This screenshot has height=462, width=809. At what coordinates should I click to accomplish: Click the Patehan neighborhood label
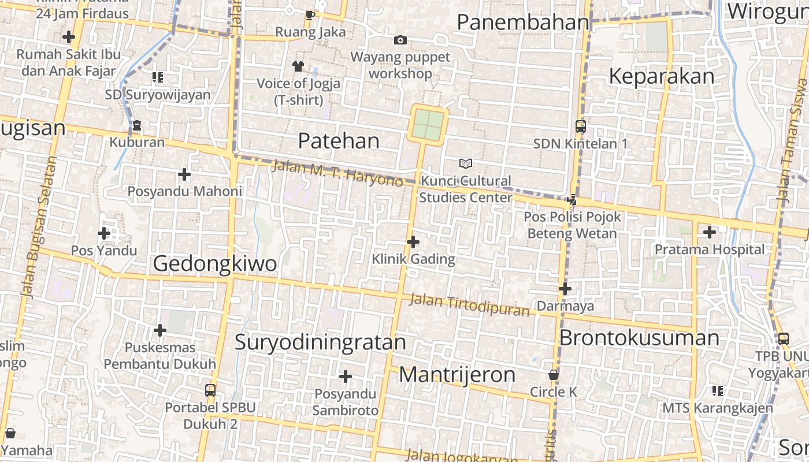[339, 140]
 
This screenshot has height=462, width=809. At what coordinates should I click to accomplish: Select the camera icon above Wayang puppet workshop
[400, 40]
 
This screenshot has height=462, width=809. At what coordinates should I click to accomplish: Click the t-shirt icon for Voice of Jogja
[298, 66]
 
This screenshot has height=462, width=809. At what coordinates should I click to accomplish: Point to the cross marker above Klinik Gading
[413, 241]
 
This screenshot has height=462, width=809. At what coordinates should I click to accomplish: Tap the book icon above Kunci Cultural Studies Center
[465, 163]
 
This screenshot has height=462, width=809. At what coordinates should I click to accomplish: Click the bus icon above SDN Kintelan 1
[580, 126]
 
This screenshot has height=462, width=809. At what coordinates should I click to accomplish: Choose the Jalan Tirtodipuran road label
[469, 305]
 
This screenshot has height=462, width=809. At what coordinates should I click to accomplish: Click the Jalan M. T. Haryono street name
[337, 173]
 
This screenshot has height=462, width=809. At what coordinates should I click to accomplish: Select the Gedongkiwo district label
[215, 264]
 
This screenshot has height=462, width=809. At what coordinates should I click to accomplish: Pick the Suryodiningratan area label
[320, 342]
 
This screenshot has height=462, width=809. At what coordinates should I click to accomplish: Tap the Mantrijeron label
[457, 375]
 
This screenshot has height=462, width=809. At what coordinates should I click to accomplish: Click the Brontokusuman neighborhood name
[639, 338]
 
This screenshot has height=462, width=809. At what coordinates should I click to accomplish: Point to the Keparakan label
[662, 76]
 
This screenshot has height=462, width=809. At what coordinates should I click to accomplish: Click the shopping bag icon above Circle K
[553, 375]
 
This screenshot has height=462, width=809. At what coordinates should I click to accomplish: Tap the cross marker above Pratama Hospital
[709, 232]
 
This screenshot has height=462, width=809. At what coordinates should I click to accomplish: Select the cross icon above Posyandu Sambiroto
[345, 377]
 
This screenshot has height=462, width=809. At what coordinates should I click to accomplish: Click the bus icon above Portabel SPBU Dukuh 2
[210, 390]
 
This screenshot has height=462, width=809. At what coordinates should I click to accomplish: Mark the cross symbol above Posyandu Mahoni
[184, 174]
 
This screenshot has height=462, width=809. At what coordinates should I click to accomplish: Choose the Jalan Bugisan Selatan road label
[36, 231]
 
